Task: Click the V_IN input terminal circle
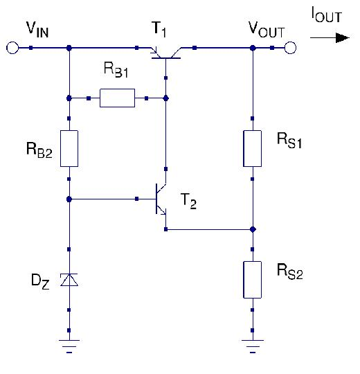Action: [x=12, y=48]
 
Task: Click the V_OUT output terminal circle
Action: [x=290, y=48]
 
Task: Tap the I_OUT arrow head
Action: [x=341, y=37]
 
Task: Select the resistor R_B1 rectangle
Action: [x=117, y=98]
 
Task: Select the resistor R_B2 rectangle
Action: [x=69, y=148]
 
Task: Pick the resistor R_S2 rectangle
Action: [x=253, y=279]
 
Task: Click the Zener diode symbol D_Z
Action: [x=69, y=279]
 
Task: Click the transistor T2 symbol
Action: [x=161, y=199]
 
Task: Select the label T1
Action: [x=160, y=29]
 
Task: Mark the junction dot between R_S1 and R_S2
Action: [x=253, y=229]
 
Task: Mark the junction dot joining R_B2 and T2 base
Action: [x=69, y=199]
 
